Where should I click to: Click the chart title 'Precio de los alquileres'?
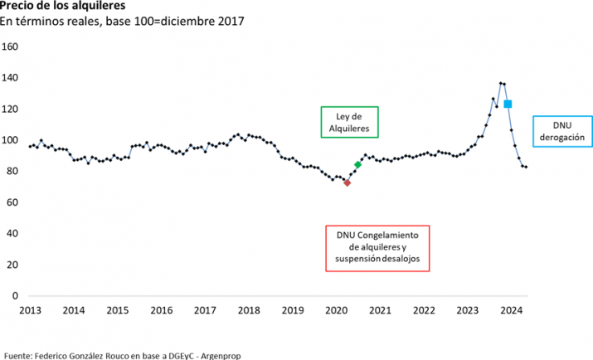point(57,6)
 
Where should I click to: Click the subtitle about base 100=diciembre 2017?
point(122,22)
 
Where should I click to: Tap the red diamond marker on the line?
point(347,182)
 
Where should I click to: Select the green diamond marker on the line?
point(357,165)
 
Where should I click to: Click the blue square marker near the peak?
point(508,104)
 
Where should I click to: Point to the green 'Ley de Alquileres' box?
point(349,122)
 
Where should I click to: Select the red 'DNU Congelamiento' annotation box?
point(377,247)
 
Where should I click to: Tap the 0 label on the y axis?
point(16,295)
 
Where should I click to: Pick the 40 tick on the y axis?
point(13,233)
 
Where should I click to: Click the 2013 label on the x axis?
point(30,311)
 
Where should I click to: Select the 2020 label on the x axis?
point(337,311)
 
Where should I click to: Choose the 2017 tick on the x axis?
point(205,311)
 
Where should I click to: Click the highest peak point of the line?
point(500,83)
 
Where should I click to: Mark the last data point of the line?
point(527,168)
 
